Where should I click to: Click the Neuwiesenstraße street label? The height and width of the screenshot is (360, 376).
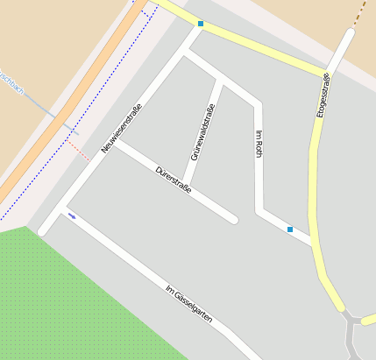tap(121, 129)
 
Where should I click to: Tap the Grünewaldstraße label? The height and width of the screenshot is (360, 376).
tap(202, 132)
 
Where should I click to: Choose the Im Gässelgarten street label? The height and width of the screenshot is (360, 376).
tap(188, 304)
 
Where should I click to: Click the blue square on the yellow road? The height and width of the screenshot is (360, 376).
tap(201, 24)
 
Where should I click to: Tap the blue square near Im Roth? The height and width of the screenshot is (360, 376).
tap(290, 229)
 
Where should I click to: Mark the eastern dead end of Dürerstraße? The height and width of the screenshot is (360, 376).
tap(234, 219)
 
